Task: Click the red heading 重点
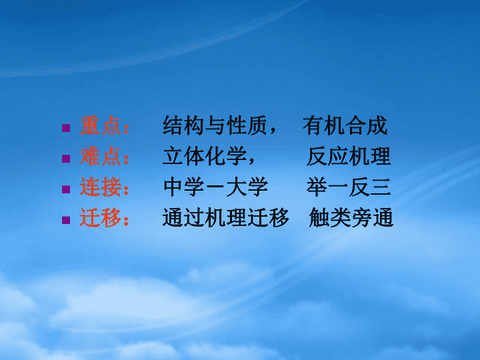(100, 125)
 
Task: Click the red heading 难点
(100, 156)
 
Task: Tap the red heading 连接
(100, 187)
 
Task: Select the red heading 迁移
(100, 217)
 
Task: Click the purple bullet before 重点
(66, 127)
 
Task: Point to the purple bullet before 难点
(66, 158)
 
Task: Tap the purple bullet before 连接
(66, 189)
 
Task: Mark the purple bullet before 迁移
(66, 220)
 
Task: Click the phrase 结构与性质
(215, 125)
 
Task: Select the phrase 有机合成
(345, 125)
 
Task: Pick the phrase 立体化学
(205, 156)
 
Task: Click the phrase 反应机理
(349, 156)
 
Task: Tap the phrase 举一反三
(349, 187)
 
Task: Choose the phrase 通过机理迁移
(225, 217)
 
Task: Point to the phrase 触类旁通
(351, 217)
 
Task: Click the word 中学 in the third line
(184, 187)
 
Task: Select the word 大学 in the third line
(247, 187)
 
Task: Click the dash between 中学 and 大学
(215, 187)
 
